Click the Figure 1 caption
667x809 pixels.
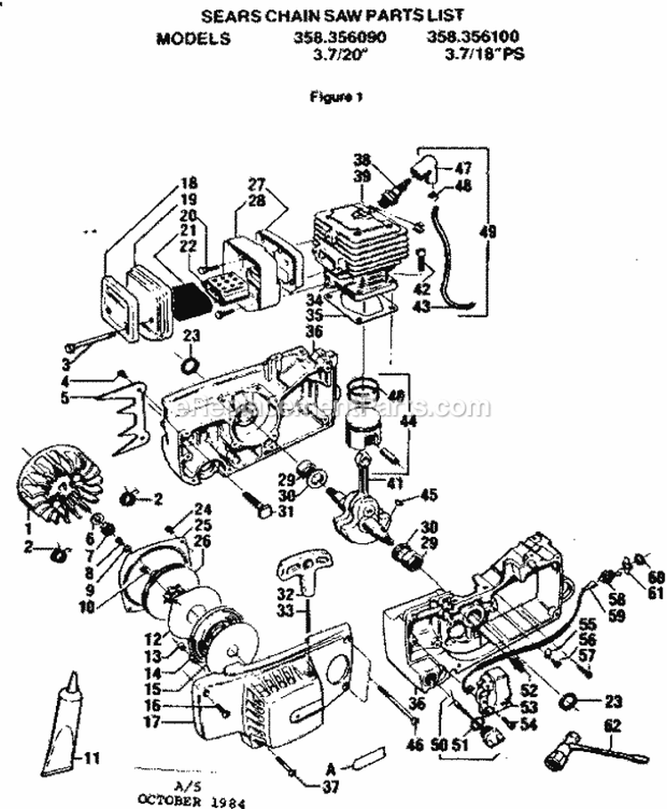pos(334,97)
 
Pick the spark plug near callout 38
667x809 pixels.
pos(392,188)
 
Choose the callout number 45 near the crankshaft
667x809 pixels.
pos(430,495)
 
